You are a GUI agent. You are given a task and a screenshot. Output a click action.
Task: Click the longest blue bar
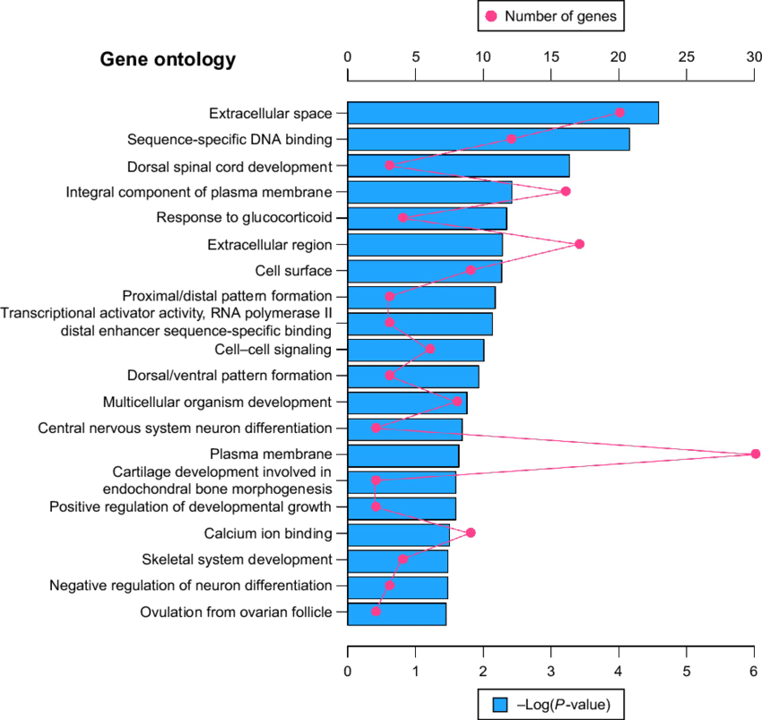pos(502,113)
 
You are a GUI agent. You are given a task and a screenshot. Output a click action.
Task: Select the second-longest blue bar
pos(488,139)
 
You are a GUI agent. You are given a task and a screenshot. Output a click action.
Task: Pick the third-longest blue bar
pos(457,166)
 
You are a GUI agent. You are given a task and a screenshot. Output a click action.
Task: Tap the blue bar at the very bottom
pos(396,614)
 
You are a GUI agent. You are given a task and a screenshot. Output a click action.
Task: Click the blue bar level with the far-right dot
pos(403,455)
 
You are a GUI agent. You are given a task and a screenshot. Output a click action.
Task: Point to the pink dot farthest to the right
pos(756,454)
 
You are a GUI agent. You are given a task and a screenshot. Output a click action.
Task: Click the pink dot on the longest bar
pos(619,112)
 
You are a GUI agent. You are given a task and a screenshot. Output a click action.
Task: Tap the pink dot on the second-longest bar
pos(511,139)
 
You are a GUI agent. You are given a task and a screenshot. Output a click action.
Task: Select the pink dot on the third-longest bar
pos(390,165)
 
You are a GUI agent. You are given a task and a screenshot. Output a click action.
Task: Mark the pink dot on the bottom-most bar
pos(377,612)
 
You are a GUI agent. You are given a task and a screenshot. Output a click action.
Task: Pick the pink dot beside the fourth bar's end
pos(566,191)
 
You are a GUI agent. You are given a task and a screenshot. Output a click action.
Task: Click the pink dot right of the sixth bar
pos(580,244)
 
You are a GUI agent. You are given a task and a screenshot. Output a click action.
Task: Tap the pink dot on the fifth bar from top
pos(403,217)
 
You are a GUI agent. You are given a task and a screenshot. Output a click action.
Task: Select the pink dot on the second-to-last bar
pos(390,586)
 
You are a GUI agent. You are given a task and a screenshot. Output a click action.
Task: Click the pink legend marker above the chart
pos(491,16)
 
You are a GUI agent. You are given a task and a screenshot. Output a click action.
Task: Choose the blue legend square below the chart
pos(500,705)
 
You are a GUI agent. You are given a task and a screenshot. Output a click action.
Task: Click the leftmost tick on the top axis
pos(348,74)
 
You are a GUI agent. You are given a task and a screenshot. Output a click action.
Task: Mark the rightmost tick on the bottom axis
pos(754,652)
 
